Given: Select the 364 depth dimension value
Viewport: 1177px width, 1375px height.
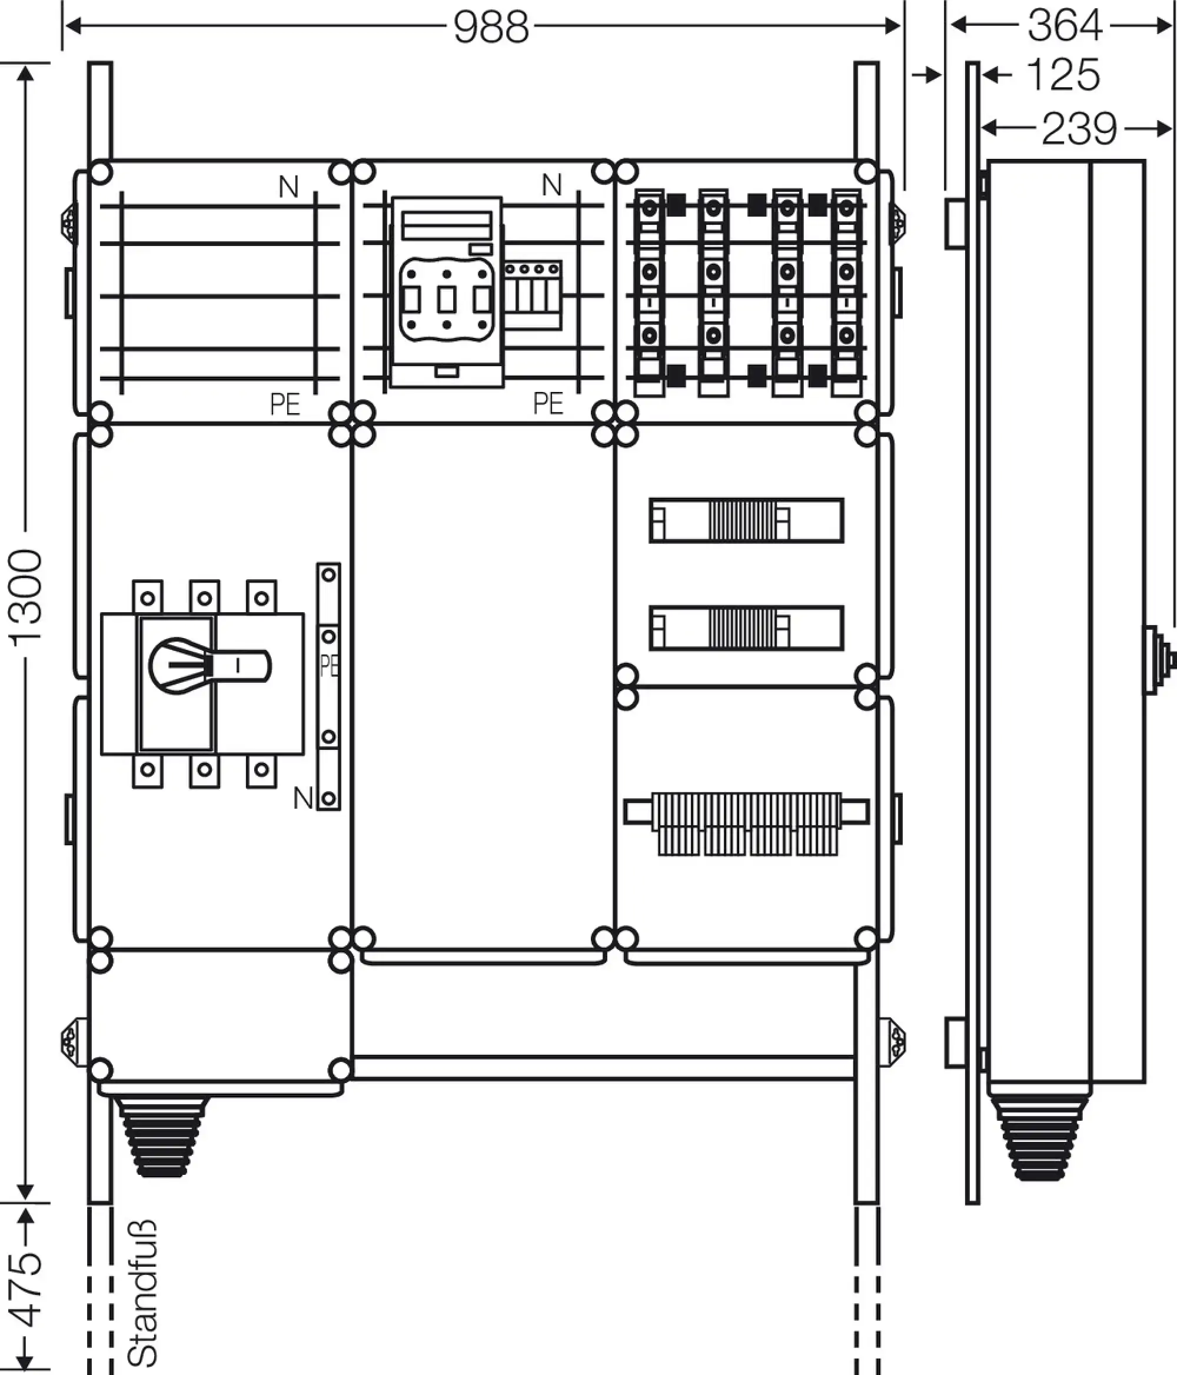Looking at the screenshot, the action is [x=1065, y=26].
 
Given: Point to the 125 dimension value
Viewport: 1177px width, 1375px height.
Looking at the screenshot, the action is [x=1063, y=75].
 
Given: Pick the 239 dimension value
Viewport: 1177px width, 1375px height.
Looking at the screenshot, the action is [x=1079, y=129].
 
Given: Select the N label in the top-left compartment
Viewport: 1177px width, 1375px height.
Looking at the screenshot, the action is [x=288, y=187].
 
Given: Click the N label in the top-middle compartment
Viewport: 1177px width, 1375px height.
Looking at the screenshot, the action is [x=552, y=185].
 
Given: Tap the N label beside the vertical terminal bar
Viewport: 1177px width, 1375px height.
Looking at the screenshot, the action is [x=303, y=798].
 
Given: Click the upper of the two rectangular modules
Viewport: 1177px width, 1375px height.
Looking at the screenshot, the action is [x=746, y=520].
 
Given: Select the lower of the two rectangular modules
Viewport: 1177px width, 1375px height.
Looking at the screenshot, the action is [x=746, y=628].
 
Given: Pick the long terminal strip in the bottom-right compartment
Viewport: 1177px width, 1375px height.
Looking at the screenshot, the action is [x=746, y=823].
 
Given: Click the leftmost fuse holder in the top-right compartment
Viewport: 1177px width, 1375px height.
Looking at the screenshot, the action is [x=650, y=293].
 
